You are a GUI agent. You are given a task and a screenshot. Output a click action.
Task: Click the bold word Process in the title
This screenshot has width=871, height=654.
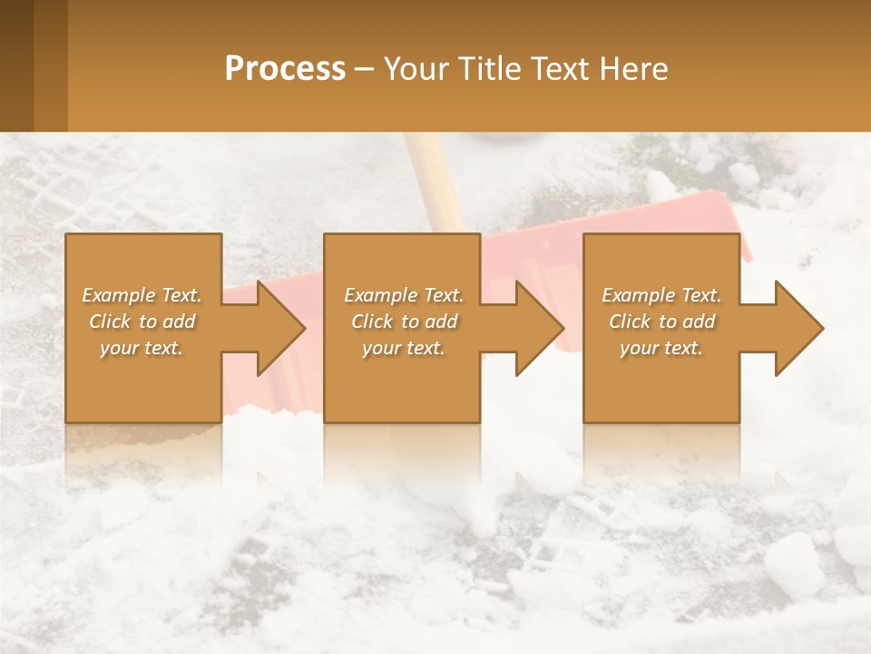point(285,69)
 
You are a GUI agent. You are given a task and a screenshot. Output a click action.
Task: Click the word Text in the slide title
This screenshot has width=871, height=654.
point(558,69)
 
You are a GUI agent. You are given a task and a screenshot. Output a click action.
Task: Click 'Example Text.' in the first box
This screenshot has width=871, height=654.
point(142,295)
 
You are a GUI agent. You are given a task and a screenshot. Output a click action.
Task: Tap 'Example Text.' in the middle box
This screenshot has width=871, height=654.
point(404,295)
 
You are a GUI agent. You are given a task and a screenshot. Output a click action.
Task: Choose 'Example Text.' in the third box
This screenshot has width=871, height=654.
point(661,295)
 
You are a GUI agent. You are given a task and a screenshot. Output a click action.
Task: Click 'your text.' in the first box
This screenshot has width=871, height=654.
point(142,348)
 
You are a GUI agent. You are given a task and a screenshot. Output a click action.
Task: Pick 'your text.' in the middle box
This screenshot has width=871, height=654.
point(404,348)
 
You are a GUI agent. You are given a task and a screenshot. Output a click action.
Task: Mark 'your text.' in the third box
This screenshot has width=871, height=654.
point(661,348)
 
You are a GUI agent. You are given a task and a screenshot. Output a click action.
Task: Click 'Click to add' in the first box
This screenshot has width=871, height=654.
point(142,322)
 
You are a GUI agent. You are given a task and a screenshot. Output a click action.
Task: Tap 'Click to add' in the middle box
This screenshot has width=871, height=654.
point(404,322)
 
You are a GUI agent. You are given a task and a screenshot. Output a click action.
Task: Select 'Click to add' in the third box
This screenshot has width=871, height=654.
point(661,322)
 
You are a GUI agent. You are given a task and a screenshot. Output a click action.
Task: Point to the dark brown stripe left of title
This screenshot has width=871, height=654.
point(16,65)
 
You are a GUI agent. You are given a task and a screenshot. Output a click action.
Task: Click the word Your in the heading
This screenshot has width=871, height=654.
point(414,69)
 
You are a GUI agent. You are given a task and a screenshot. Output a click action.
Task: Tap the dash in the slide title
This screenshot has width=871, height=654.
point(364,69)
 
